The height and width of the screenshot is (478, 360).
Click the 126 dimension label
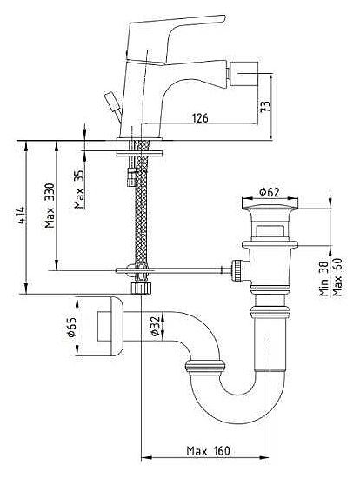[x=200, y=117]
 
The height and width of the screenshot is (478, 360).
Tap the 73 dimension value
[x=265, y=106]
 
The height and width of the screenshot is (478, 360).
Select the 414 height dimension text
[x=21, y=216]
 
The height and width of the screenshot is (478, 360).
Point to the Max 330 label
[x=50, y=205]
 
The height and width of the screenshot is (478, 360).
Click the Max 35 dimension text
[x=79, y=189]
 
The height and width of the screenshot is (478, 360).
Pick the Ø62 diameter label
[x=269, y=192]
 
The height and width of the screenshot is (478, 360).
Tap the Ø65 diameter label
[x=71, y=327]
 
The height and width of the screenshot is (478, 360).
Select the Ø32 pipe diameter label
[x=155, y=326]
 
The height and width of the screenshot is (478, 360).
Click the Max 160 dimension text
[x=209, y=450]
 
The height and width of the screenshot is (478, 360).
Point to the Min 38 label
[x=323, y=279]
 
